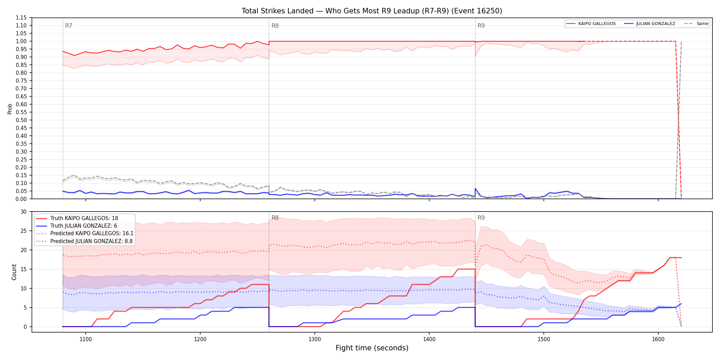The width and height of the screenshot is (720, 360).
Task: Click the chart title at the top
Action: (x=372, y=11)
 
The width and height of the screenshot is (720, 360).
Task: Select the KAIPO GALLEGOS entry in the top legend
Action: (x=591, y=24)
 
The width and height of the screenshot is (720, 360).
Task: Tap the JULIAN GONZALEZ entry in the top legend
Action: (x=650, y=24)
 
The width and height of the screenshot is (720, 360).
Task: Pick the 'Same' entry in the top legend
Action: (x=696, y=24)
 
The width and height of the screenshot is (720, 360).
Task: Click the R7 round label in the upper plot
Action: (x=69, y=26)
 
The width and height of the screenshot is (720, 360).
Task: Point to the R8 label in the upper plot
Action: (x=275, y=26)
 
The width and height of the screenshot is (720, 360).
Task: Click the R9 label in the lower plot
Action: (x=481, y=218)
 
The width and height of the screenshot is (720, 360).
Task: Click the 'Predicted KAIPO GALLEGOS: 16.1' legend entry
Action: (x=85, y=233)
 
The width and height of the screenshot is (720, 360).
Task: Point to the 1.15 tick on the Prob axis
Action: (x=21, y=18)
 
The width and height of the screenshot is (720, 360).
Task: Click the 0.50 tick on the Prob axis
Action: (x=21, y=120)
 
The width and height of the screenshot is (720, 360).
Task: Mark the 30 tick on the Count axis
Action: (x=23, y=212)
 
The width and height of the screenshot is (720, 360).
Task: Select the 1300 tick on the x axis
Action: (x=315, y=339)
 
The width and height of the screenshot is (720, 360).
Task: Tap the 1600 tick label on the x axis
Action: (x=658, y=339)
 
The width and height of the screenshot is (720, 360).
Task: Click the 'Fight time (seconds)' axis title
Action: (x=372, y=348)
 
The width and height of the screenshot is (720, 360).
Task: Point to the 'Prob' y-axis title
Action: (x=10, y=109)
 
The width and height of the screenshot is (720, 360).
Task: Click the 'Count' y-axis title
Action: (x=14, y=272)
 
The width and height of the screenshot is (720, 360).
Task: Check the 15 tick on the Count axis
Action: (x=23, y=269)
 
